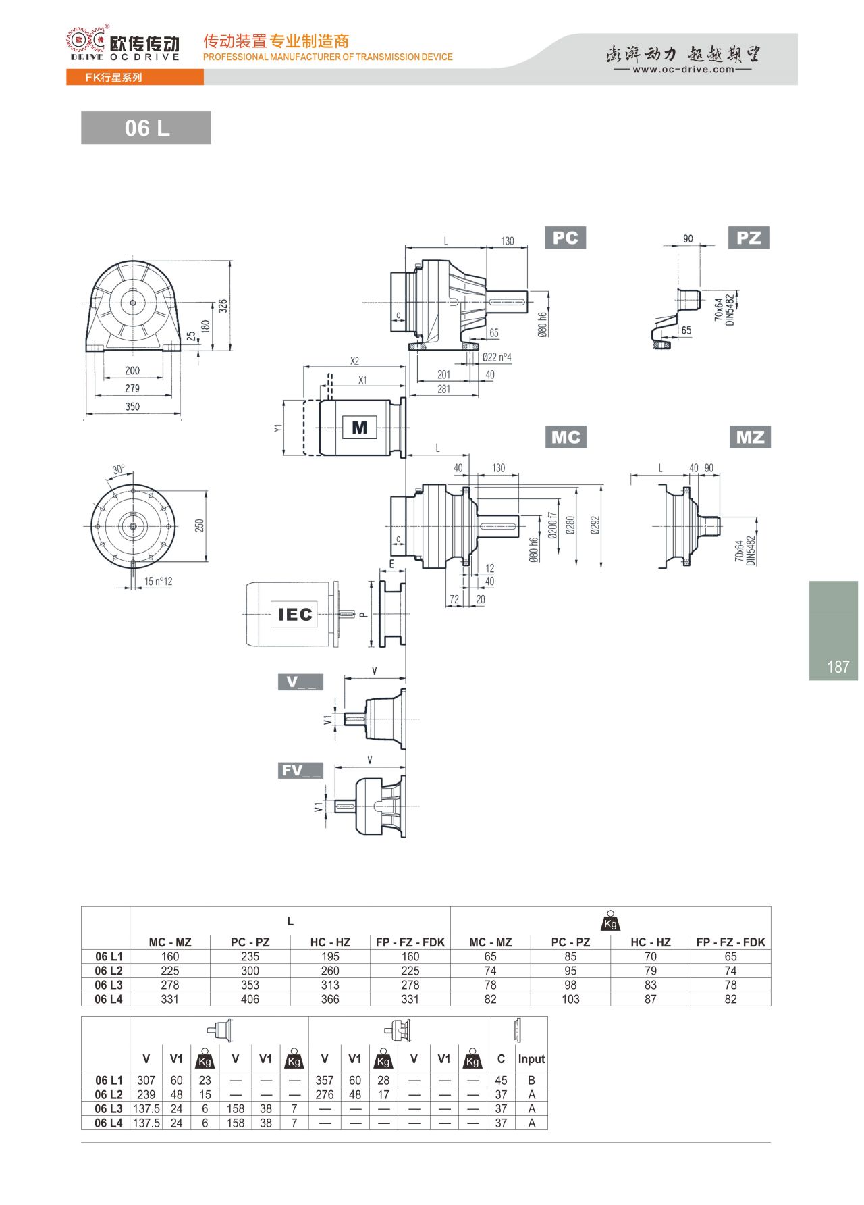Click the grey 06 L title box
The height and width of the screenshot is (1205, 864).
point(146,128)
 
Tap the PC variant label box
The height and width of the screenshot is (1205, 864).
point(565,238)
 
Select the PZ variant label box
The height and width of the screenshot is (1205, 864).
point(749,238)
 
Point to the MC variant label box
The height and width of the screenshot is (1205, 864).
point(566,437)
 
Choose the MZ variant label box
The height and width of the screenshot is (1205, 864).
point(750,437)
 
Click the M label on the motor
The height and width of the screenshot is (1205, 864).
point(360,428)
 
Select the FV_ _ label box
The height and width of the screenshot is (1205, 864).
point(300,771)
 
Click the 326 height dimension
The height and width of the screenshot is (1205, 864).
point(223,306)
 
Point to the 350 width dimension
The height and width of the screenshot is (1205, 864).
point(132,407)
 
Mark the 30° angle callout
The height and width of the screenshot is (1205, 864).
point(119,469)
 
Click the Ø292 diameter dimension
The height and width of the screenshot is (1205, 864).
point(595,525)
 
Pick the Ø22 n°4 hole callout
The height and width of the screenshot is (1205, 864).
point(497,357)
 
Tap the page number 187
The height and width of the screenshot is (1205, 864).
point(838,667)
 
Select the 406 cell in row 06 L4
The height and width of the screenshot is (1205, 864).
point(250,999)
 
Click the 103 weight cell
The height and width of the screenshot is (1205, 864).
point(570,999)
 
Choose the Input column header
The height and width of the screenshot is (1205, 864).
point(531,1059)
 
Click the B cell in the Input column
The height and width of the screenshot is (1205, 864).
point(532,1080)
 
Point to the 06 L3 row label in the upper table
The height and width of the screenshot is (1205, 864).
point(109,985)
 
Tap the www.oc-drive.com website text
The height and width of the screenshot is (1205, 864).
point(683,69)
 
